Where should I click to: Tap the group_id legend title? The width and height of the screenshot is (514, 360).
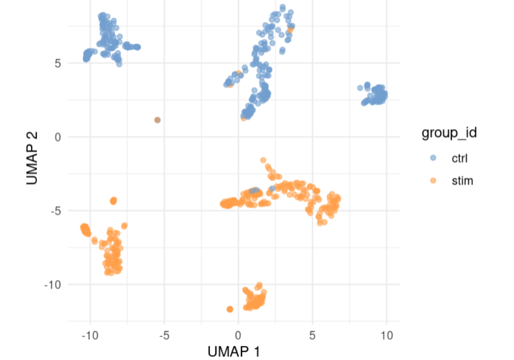[x=449, y=133]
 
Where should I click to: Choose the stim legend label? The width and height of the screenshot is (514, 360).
[x=462, y=181]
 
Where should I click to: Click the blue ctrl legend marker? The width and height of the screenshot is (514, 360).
[x=433, y=159]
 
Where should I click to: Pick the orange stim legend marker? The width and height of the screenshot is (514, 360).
[x=433, y=181]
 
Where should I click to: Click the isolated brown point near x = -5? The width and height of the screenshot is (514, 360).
[x=157, y=120]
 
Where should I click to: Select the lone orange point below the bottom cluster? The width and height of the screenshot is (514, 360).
[x=230, y=309]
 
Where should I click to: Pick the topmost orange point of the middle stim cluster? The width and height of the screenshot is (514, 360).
[x=263, y=160]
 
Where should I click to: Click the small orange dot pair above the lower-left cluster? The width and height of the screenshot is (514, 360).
[x=114, y=201]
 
